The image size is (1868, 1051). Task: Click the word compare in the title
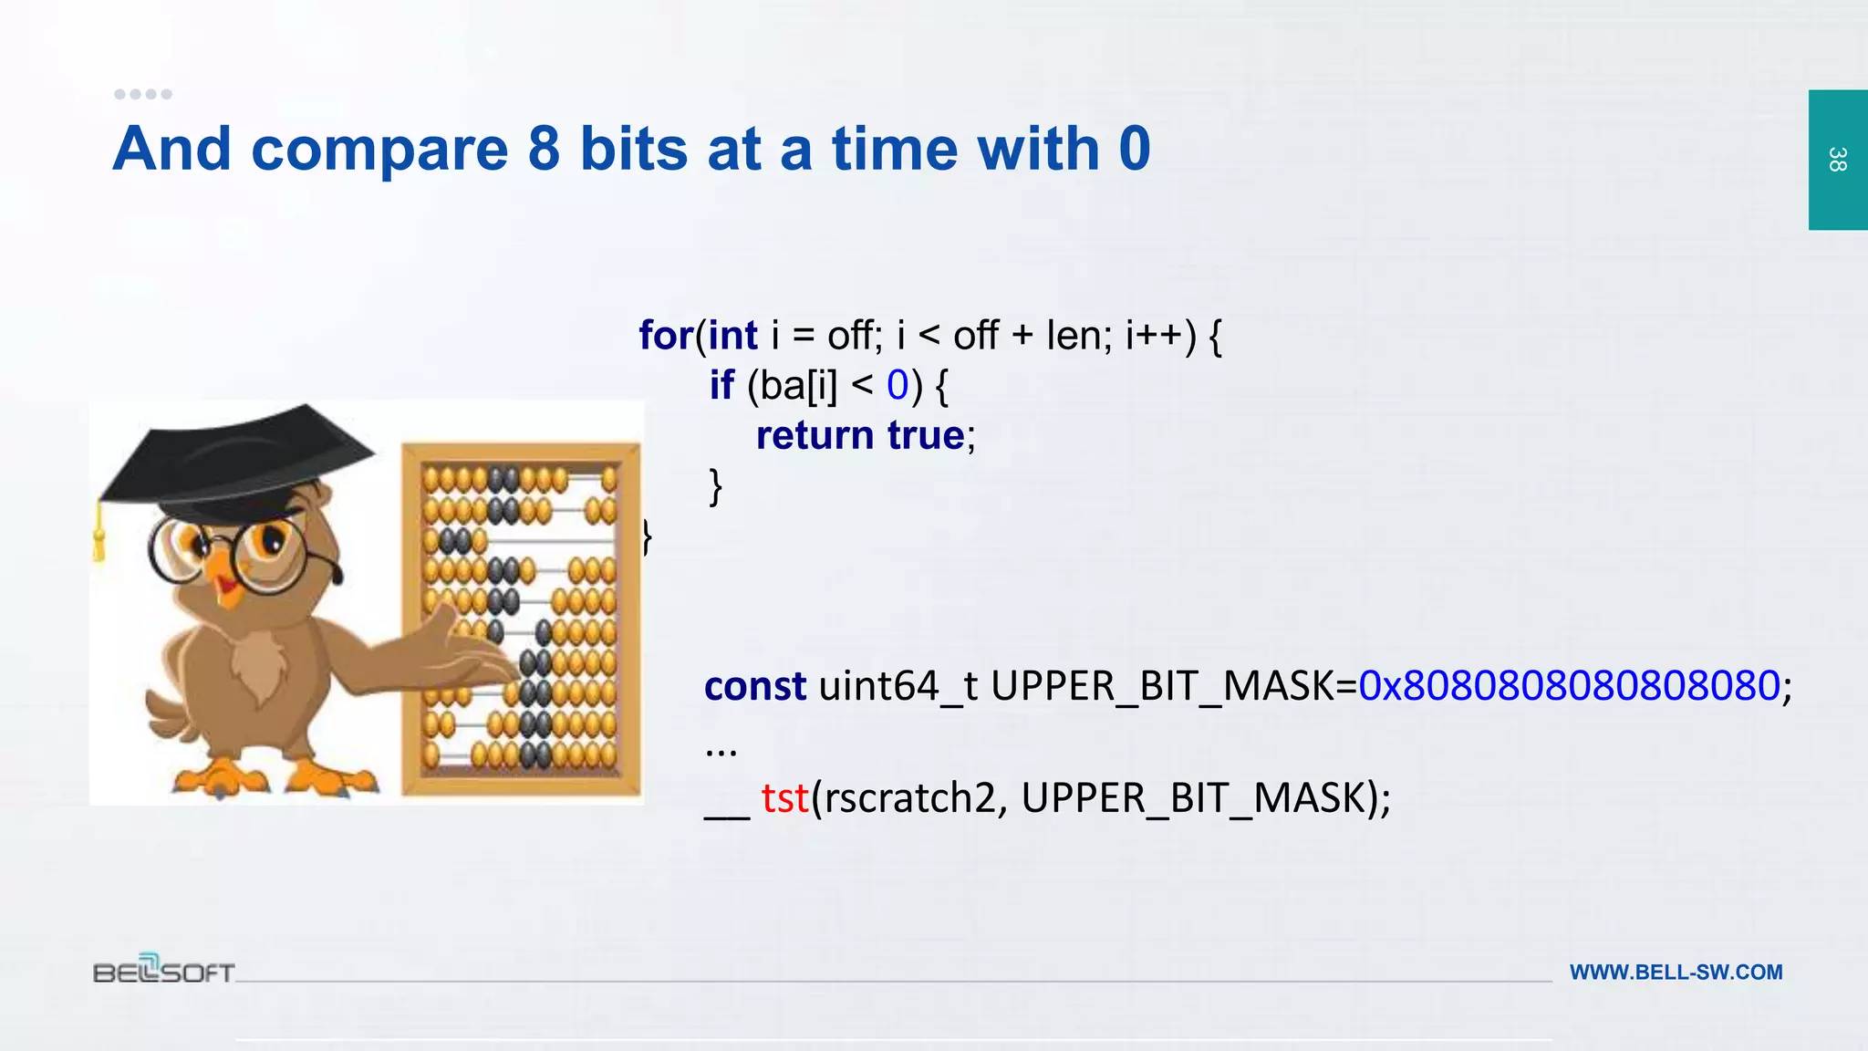pyautogui.click(x=379, y=150)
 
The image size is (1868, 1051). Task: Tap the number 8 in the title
pyautogui.click(x=544, y=148)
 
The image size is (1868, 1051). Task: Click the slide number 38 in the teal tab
pyautogui.click(x=1837, y=160)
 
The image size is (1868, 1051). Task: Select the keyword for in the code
pyautogui.click(x=665, y=335)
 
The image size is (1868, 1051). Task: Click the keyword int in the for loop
pyautogui.click(x=732, y=335)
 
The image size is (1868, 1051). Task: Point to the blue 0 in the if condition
pyautogui.click(x=898, y=385)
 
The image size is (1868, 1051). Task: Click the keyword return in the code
pyautogui.click(x=815, y=435)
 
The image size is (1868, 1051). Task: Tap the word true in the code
pyautogui.click(x=926, y=435)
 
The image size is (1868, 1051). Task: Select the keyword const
pyautogui.click(x=755, y=686)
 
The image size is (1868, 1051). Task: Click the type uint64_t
pyautogui.click(x=898, y=686)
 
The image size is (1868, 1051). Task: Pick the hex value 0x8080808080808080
pyautogui.click(x=1569, y=686)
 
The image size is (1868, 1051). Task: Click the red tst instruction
pyautogui.click(x=784, y=798)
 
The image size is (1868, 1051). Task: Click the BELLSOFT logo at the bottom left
pyautogui.click(x=164, y=970)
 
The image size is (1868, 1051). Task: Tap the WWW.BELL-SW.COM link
pyautogui.click(x=1676, y=973)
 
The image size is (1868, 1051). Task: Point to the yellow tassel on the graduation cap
pyautogui.click(x=99, y=538)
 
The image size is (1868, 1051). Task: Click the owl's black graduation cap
pyautogui.click(x=237, y=456)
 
